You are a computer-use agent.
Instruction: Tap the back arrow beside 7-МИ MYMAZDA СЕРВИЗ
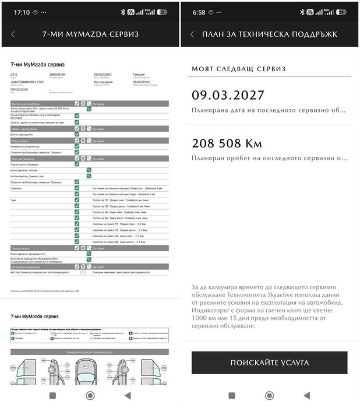(x=13, y=34)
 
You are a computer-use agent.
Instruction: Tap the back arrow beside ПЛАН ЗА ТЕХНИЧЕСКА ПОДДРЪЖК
(x=192, y=34)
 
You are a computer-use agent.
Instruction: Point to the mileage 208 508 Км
(x=227, y=143)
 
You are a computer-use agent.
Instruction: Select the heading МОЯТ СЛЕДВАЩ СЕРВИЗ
(x=238, y=69)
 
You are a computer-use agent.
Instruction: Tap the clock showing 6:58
(x=199, y=12)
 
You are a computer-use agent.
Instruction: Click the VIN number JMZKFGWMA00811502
(x=27, y=82)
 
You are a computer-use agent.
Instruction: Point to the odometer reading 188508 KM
(x=58, y=75)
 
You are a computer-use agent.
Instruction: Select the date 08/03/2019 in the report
(x=103, y=75)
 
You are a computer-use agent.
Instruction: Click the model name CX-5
(x=15, y=75)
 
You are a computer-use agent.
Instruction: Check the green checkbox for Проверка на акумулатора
(x=77, y=146)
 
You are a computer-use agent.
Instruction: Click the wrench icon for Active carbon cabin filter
(x=89, y=109)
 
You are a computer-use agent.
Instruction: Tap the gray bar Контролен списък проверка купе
(x=90, y=352)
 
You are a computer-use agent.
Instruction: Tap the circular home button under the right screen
(x=269, y=395)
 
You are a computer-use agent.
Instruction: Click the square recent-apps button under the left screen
(x=52, y=395)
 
